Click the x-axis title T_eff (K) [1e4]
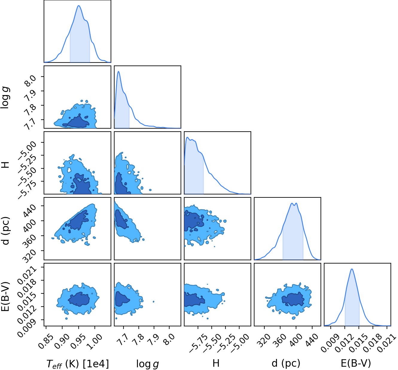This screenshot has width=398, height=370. (x=77, y=363)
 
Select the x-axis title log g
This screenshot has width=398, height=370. (x=147, y=364)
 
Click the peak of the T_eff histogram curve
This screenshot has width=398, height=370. (x=79, y=6)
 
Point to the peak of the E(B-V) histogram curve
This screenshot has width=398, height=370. (x=352, y=269)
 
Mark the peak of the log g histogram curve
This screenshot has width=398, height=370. (x=118, y=71)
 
